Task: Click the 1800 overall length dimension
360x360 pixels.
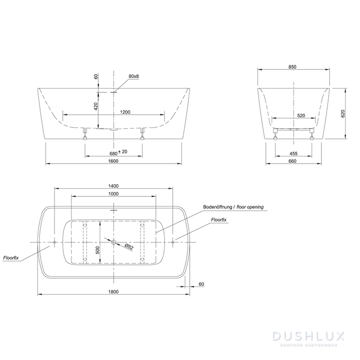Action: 114,292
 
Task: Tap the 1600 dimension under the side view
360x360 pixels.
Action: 113,161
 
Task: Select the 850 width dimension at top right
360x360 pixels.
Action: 292,67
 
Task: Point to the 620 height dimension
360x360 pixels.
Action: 343,114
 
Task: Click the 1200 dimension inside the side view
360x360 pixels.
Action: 125,112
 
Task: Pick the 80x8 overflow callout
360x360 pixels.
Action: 134,76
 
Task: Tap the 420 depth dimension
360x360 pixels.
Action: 96,106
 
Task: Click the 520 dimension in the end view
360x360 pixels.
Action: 301,116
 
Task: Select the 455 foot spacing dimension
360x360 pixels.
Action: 294,154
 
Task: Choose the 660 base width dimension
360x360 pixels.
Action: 292,161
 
